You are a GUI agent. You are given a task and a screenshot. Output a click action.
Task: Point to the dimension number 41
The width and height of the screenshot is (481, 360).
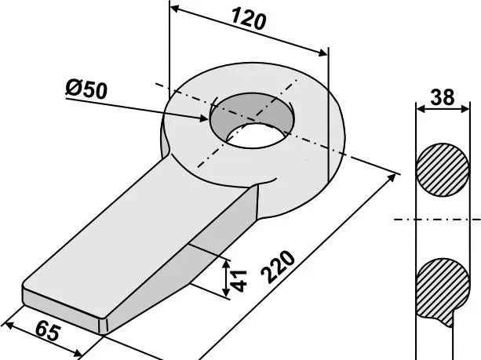point(241,279)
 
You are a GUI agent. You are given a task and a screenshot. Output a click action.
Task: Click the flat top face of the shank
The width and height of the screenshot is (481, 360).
point(149,235)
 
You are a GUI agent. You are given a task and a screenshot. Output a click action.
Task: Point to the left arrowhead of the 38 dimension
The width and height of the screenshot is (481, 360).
point(417,110)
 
